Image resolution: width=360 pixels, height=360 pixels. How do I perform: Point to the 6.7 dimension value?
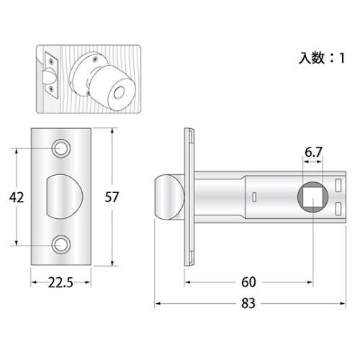coord(312,153)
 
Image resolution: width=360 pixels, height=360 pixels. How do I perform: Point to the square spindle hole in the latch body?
coord(312,196)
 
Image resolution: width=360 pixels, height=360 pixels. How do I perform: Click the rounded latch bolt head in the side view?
coord(166,196)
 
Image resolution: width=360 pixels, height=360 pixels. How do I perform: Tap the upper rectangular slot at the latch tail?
coord(339,186)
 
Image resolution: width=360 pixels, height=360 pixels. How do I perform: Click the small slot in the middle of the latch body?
coord(254,197)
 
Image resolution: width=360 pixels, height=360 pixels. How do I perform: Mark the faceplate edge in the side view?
coord(189,196)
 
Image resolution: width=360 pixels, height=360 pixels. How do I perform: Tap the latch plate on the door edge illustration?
coord(53,75)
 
